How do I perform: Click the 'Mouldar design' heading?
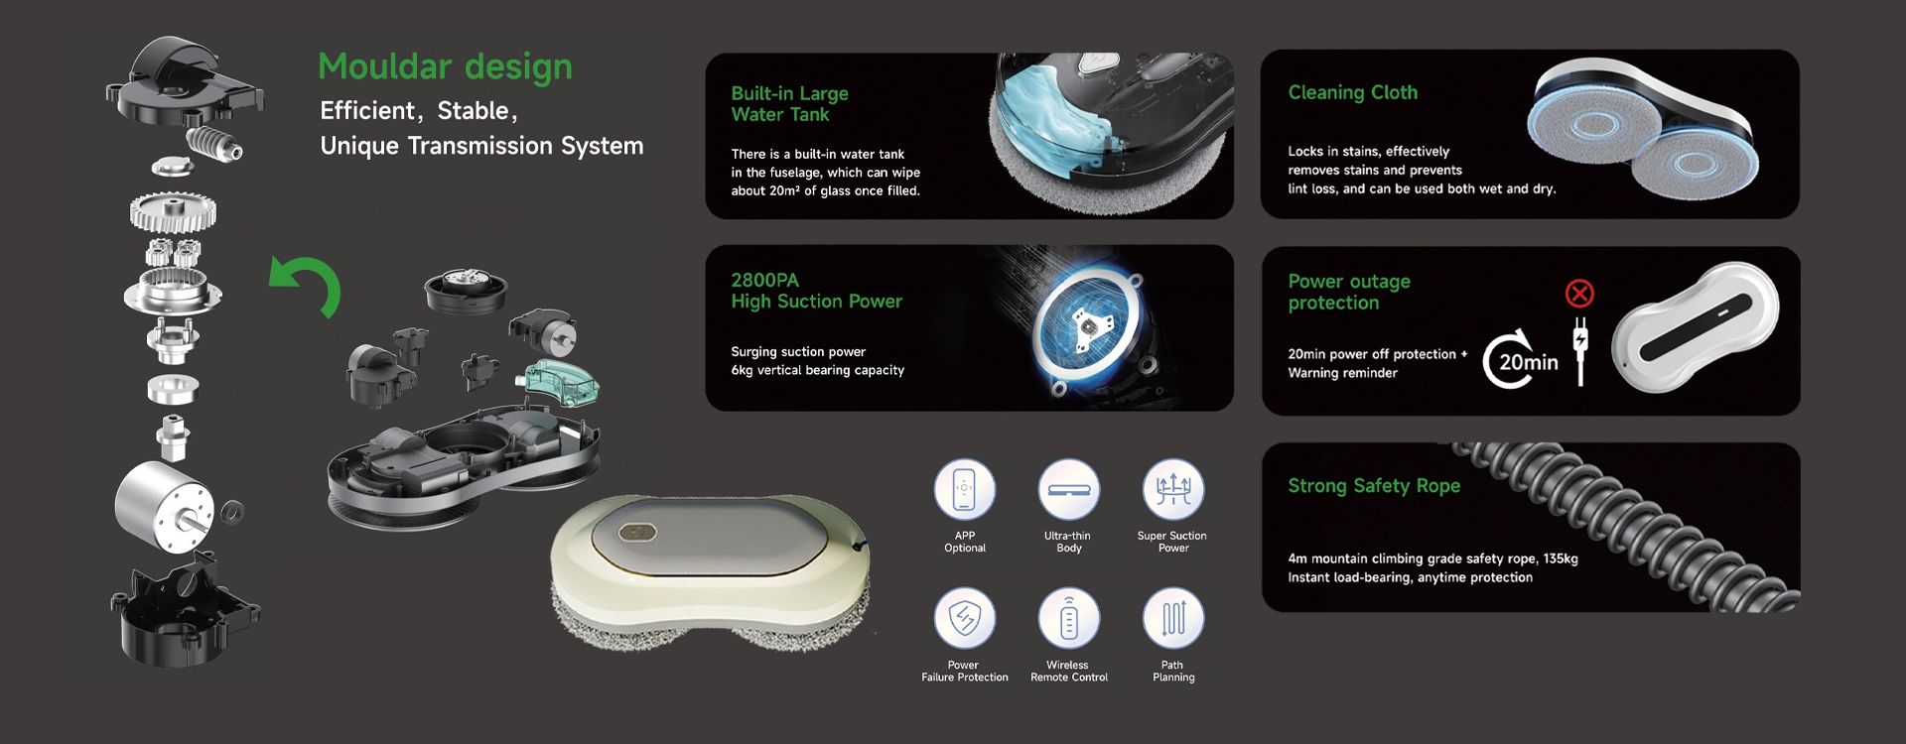coord(445,66)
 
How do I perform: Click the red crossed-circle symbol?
coord(1579,294)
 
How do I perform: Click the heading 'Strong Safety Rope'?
coord(1374,486)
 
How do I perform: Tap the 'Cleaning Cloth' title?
coord(1352,92)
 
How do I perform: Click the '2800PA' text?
coord(764,280)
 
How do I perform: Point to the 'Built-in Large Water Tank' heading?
coord(789,104)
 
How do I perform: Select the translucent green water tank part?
coord(561,382)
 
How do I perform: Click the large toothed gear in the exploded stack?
coord(173,211)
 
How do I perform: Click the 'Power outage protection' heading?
coord(1348,292)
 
